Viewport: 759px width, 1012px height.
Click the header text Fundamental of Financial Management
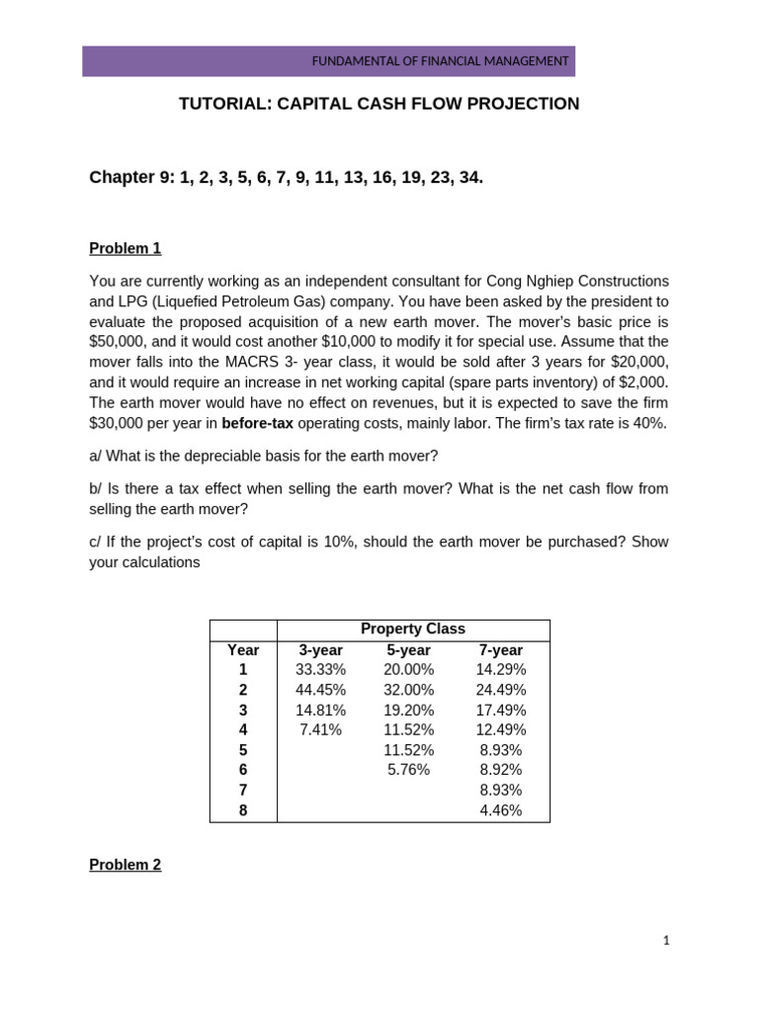click(x=440, y=61)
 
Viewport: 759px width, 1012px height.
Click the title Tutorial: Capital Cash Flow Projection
click(x=379, y=104)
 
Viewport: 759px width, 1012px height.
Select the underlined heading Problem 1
click(x=125, y=248)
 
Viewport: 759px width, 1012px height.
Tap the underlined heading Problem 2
click(x=125, y=865)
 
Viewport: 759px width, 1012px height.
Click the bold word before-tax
click(x=257, y=424)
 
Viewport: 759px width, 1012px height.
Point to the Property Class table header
click(x=412, y=629)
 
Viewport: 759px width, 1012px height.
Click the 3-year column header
click(x=320, y=650)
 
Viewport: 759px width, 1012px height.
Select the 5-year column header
click(x=408, y=650)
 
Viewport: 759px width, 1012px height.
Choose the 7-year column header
click(x=500, y=650)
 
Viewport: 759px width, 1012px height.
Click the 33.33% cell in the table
click(x=320, y=670)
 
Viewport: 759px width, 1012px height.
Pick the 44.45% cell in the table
click(x=320, y=690)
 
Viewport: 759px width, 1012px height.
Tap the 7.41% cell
click(x=320, y=730)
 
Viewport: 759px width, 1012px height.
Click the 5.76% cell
click(x=408, y=770)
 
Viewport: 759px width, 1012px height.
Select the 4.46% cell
click(x=500, y=810)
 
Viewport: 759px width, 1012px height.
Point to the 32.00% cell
click(x=408, y=690)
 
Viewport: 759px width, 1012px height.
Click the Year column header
click(x=243, y=650)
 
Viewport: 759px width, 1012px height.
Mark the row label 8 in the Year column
click(x=243, y=810)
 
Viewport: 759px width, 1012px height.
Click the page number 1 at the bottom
click(x=666, y=941)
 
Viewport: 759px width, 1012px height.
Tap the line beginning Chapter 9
click(x=286, y=178)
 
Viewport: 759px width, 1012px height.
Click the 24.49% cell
click(x=500, y=690)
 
